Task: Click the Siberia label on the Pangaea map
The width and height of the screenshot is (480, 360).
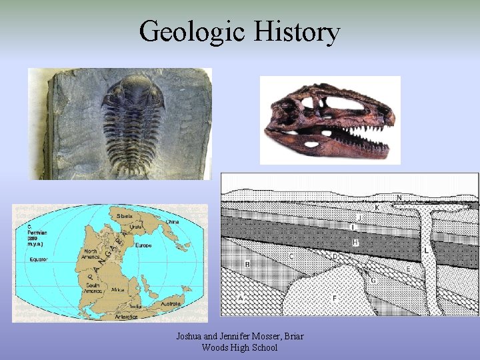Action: click(125, 216)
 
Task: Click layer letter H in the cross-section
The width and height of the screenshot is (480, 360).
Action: click(356, 243)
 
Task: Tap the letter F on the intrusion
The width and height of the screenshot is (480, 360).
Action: click(334, 297)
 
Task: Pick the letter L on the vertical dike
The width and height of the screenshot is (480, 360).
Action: click(426, 250)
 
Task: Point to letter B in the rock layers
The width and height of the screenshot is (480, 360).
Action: click(247, 264)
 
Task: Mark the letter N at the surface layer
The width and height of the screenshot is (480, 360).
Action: click(399, 197)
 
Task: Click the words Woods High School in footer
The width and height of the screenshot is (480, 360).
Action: click(239, 347)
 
